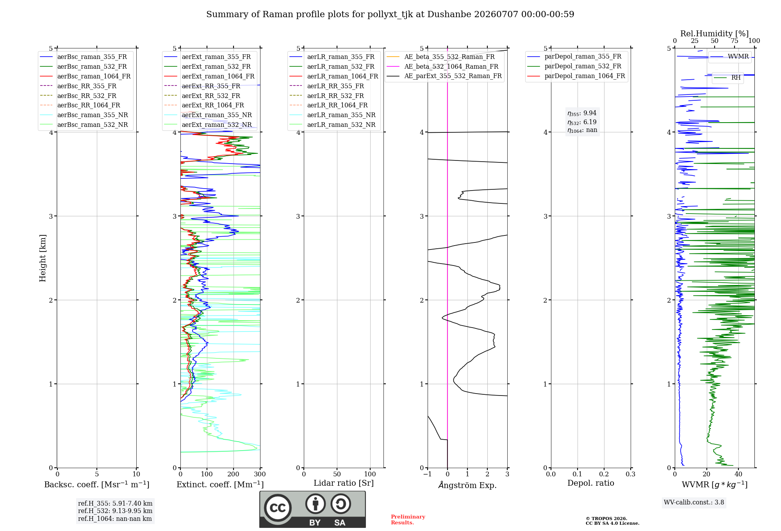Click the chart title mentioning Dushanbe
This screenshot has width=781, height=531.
(x=390, y=14)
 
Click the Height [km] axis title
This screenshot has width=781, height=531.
(x=43, y=258)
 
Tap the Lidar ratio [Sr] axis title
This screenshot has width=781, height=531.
(x=344, y=483)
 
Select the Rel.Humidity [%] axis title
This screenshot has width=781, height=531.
(x=715, y=34)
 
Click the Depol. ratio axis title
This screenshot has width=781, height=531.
(x=591, y=483)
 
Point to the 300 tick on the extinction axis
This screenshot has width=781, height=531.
(x=260, y=474)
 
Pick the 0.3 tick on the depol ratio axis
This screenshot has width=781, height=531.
(x=631, y=474)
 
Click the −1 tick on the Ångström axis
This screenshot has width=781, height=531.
(x=428, y=474)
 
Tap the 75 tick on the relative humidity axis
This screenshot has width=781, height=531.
(x=735, y=41)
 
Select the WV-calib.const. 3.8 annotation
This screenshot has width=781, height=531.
(x=694, y=502)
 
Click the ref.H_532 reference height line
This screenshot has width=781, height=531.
(x=115, y=511)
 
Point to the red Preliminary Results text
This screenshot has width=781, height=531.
(x=408, y=520)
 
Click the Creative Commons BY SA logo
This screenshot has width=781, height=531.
(x=313, y=509)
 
